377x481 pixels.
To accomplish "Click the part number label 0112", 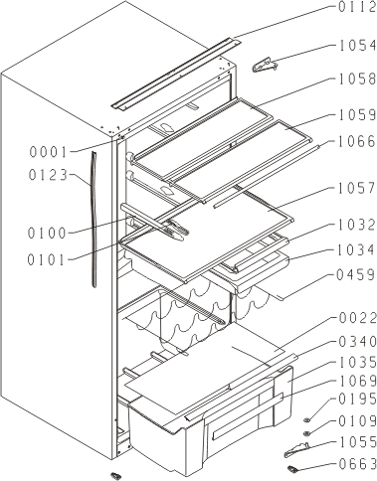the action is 357,7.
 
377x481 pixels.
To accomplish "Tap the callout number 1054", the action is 357,46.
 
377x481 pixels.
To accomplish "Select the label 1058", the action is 357,80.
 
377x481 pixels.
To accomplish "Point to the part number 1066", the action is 357,141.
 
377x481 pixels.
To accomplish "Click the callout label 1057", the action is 357,188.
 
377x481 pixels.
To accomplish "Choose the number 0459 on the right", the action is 356,275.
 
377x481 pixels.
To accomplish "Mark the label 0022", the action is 358,318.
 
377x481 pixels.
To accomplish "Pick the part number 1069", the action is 358,381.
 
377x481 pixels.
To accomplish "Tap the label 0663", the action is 358,464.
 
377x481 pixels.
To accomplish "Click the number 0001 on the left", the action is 49,152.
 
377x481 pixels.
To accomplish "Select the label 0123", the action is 49,175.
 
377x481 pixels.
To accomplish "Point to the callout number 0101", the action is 47,260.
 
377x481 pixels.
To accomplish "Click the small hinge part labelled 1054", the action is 265,66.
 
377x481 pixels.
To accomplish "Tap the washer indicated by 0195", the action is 307,420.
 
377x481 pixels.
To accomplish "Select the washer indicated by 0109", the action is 307,433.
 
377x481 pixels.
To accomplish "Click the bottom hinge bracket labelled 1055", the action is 296,450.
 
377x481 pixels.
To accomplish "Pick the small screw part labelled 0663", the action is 292,468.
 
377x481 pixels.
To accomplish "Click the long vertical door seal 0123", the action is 94,220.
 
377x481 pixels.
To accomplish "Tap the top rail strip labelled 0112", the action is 176,74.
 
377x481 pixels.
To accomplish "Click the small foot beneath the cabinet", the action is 115,475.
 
